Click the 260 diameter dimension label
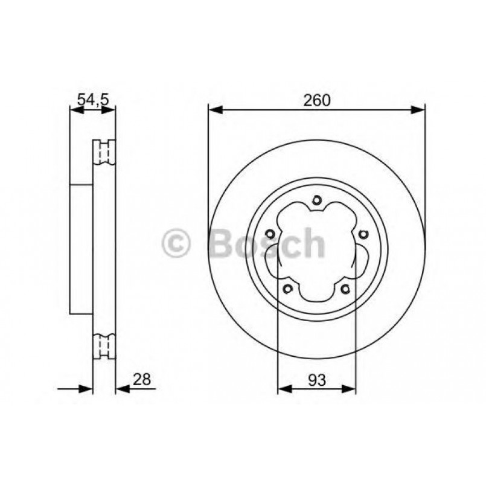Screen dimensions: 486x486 pos(316,100)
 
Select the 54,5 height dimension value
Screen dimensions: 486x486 pos(93,100)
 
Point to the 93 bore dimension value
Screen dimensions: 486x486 pos(316,380)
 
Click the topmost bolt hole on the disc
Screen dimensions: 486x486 pos(316,202)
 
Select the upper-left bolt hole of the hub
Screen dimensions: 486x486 pos(270,235)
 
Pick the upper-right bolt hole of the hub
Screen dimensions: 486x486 pos(362,235)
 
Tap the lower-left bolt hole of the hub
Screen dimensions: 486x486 pos(288,288)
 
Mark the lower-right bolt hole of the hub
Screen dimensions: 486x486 pos(345,288)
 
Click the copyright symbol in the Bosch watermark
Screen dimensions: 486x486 pos(176,245)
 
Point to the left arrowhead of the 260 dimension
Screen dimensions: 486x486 pos(214,110)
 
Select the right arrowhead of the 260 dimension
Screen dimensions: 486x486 pos(419,110)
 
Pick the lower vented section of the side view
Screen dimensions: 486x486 pos(104,347)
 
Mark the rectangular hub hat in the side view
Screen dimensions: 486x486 pos(82,248)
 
